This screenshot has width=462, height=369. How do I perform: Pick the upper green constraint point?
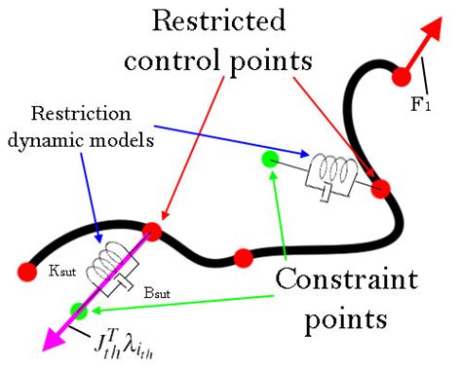(x=272, y=159)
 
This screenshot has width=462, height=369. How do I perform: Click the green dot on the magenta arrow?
(x=78, y=311)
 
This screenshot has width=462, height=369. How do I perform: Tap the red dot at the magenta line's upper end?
(x=152, y=231)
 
